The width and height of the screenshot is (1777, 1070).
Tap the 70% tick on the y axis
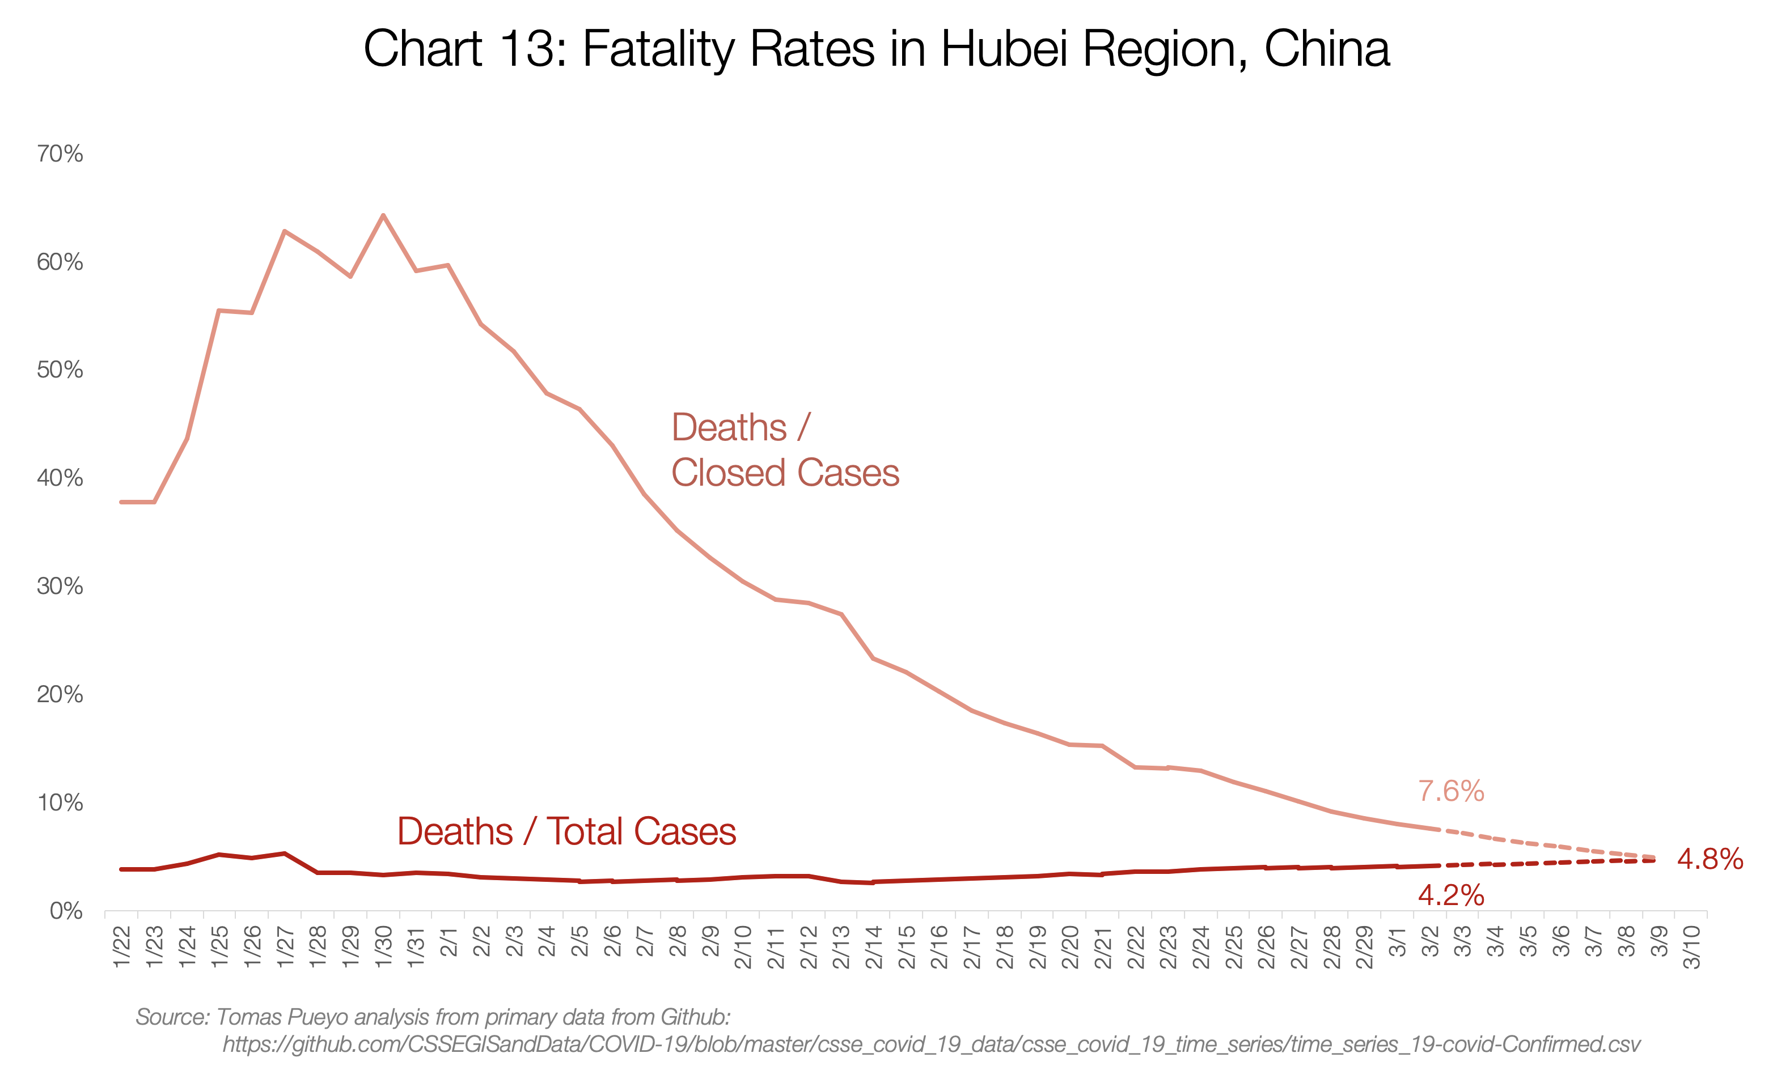[x=60, y=154]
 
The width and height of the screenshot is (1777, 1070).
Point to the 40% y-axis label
[x=60, y=478]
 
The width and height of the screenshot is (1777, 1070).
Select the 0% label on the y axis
[x=66, y=911]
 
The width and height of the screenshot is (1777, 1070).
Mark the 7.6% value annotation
[x=1450, y=791]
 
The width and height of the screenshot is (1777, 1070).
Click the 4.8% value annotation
[x=1709, y=859]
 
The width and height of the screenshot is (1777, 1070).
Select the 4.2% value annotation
[x=1450, y=895]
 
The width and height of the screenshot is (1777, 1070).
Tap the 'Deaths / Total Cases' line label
[x=566, y=831]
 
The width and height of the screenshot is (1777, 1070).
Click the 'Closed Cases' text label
[x=785, y=473]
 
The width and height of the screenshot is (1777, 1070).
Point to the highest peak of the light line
[x=383, y=215]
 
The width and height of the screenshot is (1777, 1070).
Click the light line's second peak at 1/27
[x=285, y=231]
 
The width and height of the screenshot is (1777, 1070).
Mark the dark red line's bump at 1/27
[x=285, y=853]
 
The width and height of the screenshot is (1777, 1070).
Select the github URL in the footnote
[x=931, y=1044]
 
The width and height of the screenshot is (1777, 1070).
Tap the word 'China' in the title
[x=1326, y=49]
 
